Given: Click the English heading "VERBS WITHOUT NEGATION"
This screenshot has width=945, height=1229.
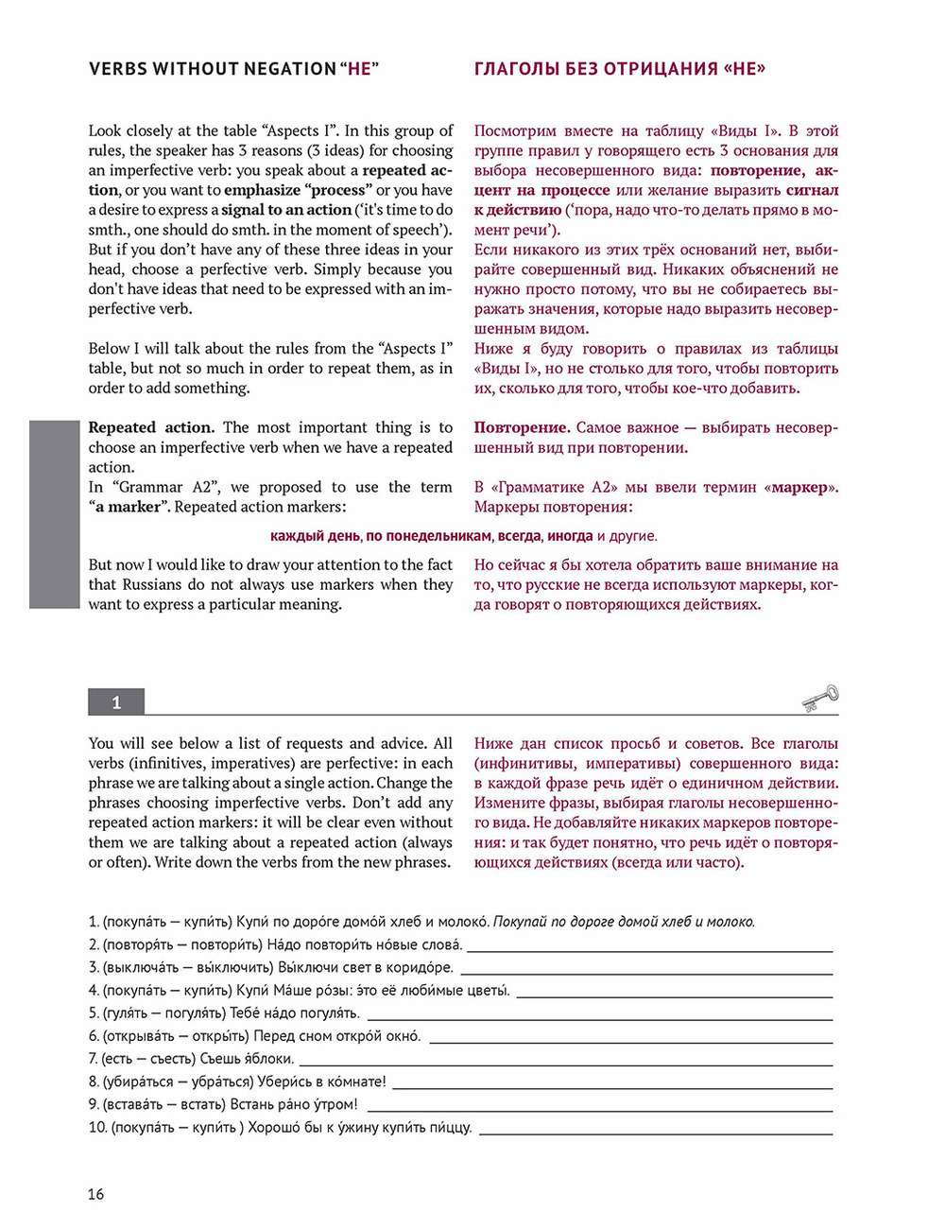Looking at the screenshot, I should click(212, 69).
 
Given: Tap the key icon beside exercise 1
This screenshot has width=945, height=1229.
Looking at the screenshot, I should click(819, 698).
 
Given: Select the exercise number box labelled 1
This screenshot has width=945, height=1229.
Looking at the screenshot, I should click(116, 702).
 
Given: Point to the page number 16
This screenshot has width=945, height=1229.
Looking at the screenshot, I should click(95, 1194).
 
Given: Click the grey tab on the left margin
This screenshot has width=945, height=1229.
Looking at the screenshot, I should click(54, 514).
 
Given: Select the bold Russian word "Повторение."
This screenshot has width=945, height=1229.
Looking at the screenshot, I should click(522, 427).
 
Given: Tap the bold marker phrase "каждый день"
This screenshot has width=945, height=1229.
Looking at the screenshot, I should click(315, 536).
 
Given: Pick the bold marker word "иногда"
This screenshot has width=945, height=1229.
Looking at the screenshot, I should click(570, 536).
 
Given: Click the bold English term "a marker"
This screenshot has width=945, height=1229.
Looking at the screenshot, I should click(129, 507).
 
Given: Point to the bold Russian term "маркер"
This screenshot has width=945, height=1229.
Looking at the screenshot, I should click(803, 488).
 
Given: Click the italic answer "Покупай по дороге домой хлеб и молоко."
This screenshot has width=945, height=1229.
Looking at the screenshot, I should click(624, 922).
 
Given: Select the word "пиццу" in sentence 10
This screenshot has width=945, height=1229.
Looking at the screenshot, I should click(451, 1128).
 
